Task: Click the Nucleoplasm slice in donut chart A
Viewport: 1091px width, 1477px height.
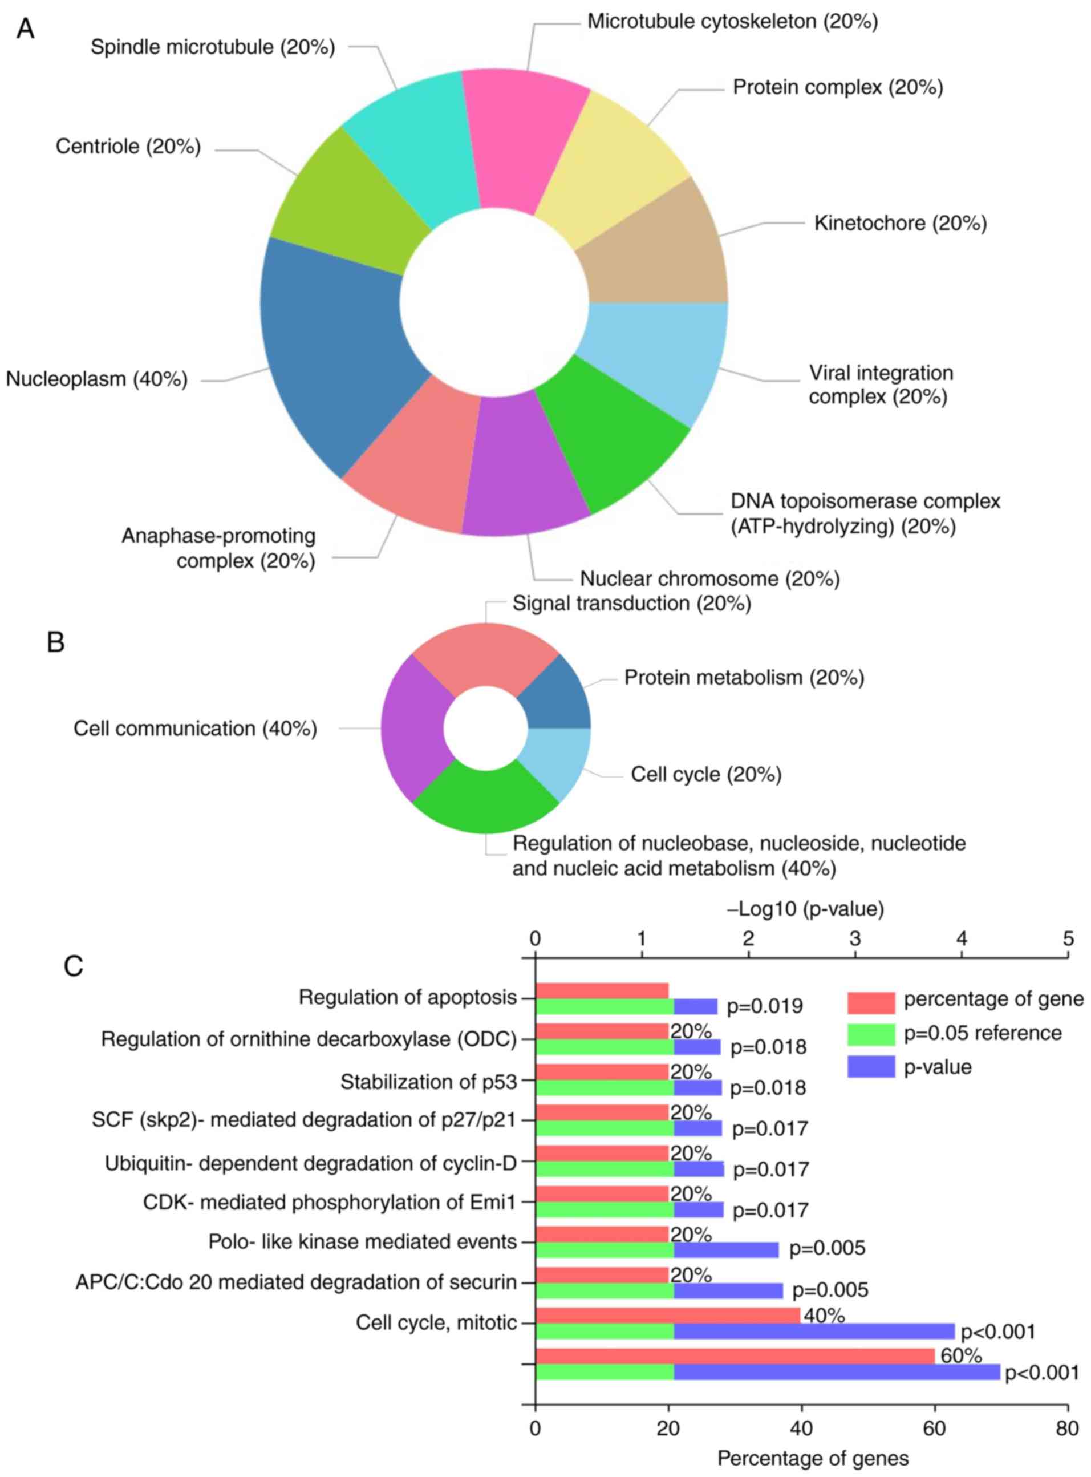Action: [330, 357]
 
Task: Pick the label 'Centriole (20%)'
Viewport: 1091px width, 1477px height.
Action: [127, 146]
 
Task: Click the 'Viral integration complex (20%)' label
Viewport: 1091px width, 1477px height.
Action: [881, 385]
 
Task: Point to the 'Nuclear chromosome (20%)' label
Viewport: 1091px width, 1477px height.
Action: [709, 578]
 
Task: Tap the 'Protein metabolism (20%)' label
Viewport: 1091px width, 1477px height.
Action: [744, 678]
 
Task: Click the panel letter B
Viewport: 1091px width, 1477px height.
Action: [55, 641]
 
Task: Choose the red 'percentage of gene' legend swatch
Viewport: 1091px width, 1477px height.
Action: [870, 1002]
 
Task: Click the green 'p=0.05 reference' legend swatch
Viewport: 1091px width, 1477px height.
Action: [870, 1034]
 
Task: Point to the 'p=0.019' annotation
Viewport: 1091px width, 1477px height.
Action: [764, 1006]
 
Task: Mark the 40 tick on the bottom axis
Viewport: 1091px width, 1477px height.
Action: [801, 1428]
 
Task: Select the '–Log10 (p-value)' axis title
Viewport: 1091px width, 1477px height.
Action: [805, 909]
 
